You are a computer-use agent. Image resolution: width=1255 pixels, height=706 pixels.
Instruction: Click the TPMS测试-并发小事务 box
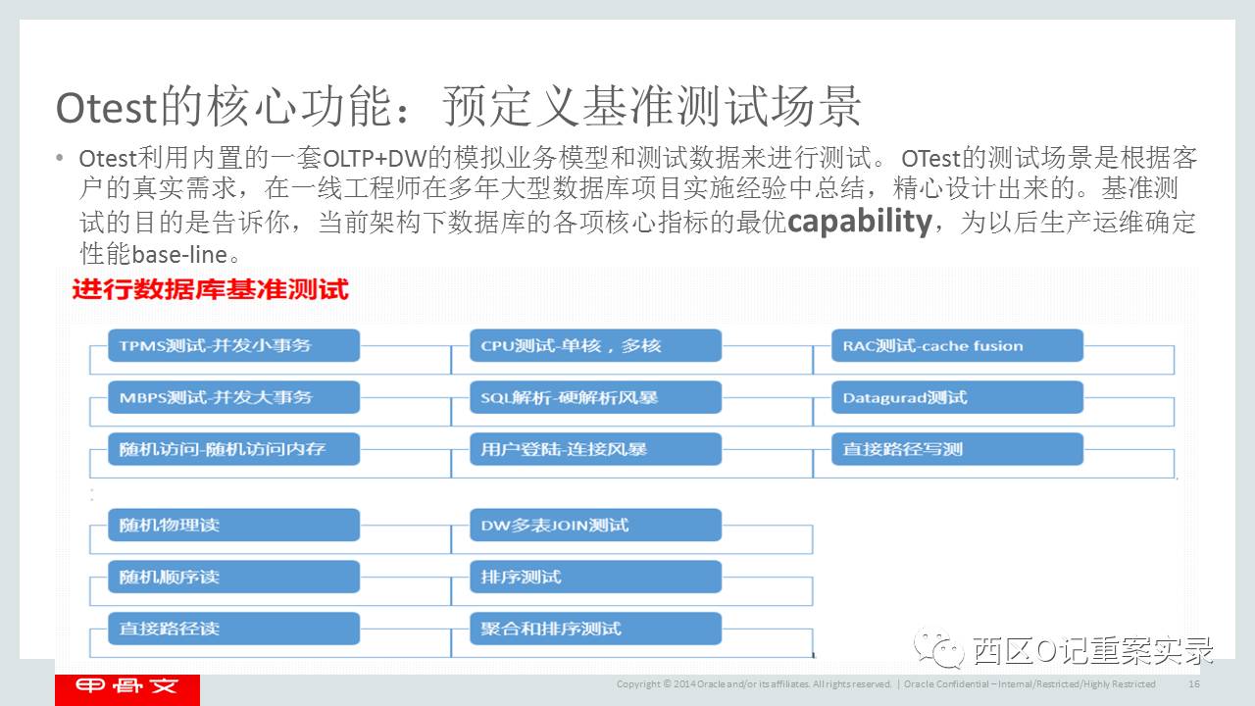pos(234,345)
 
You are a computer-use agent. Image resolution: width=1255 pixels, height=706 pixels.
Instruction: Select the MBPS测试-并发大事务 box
pos(234,397)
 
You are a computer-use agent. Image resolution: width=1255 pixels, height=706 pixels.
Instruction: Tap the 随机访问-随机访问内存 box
pos(234,449)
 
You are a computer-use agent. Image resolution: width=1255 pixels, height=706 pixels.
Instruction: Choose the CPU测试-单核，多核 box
pos(596,345)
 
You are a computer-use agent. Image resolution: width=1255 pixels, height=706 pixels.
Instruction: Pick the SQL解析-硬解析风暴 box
pos(596,397)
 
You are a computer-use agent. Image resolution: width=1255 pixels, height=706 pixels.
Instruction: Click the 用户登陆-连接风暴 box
pos(596,449)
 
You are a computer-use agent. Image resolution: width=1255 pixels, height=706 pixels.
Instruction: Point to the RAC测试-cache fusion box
pos(958,345)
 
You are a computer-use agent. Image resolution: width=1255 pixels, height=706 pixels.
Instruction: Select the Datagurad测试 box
pos(958,397)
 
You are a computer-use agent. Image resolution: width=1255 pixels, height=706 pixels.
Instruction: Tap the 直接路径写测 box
pos(958,449)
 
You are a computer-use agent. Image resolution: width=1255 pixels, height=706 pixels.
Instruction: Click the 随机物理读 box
pos(234,525)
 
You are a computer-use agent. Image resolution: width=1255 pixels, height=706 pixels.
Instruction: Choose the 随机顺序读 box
pos(234,577)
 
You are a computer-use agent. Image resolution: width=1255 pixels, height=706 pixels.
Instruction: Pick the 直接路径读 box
pos(234,629)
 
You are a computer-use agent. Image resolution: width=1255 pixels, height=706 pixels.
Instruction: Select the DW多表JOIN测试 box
pos(596,525)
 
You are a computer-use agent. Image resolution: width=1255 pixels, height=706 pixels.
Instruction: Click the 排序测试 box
pos(596,577)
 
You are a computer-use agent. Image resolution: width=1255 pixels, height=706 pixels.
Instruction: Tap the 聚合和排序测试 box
pos(596,629)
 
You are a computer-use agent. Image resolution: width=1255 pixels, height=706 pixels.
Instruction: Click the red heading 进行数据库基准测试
pos(210,290)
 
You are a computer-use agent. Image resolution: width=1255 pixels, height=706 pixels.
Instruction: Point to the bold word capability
pos(859,222)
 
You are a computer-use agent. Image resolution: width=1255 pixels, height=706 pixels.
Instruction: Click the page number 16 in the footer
pos(1194,684)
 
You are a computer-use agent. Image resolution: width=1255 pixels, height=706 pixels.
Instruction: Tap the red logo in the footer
pos(127,689)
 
